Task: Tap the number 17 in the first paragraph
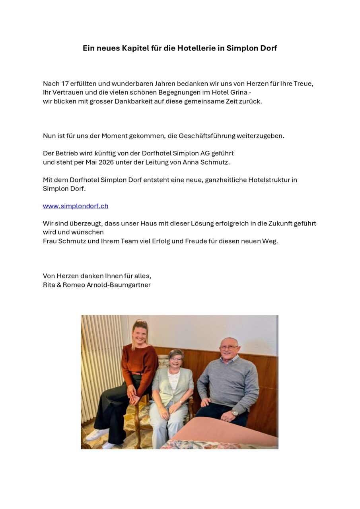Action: point(65,84)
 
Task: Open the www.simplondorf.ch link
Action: point(76,206)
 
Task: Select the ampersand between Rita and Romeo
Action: point(59,285)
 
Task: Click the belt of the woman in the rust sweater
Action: point(137,373)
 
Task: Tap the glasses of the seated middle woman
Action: point(176,359)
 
